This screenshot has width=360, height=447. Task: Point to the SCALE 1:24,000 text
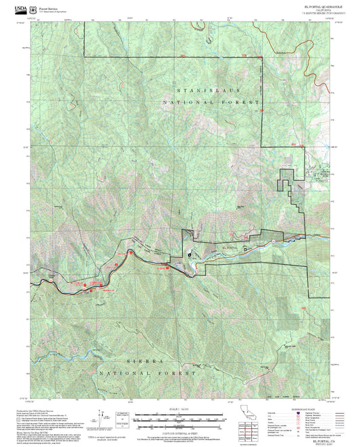179,409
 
